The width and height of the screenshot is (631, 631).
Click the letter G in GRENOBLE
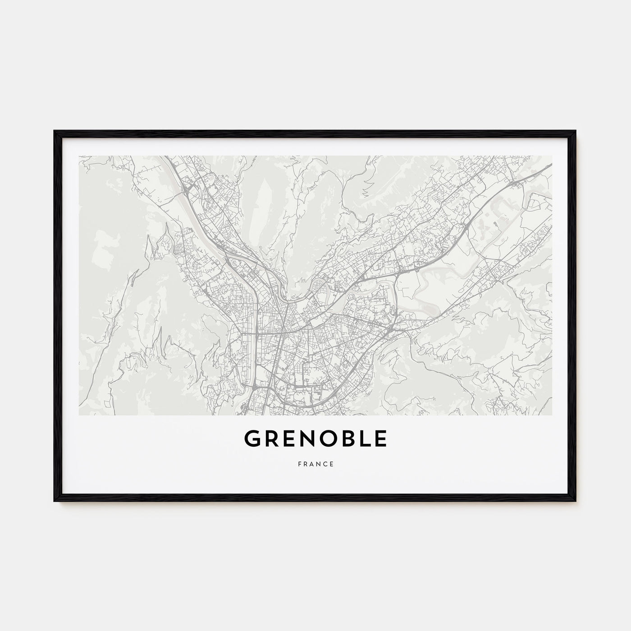252,439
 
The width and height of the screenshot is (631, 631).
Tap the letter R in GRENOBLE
271,439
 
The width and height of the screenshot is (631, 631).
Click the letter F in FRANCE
298,464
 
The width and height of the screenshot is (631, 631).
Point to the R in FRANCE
305,464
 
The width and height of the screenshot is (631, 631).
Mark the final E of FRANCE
332,464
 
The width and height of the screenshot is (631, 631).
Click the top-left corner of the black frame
55,131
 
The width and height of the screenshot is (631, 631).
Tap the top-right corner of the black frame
576,131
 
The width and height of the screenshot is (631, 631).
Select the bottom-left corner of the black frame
55,502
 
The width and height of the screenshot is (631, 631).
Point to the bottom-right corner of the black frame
576,502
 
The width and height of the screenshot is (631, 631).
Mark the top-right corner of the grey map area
552,156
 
